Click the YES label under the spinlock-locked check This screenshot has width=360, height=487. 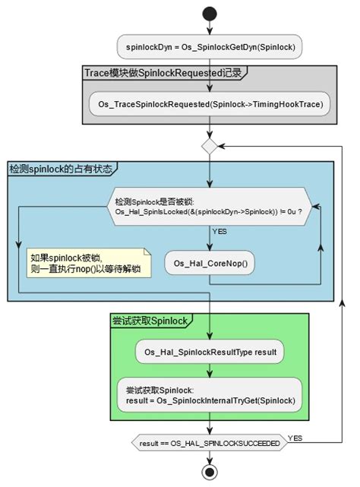click(219, 231)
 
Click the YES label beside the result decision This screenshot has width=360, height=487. click(295, 438)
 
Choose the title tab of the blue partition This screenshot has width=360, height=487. click(60, 168)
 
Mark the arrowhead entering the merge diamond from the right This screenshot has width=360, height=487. click(222, 144)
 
